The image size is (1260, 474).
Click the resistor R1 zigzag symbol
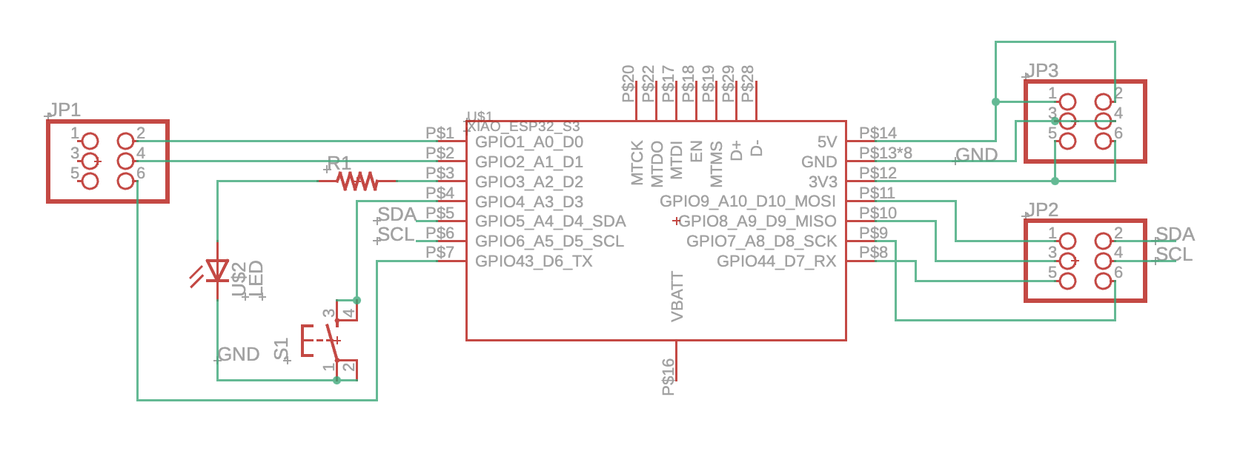pos(357,181)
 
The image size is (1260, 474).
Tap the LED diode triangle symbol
pos(217,270)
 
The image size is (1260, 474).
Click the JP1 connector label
pos(64,110)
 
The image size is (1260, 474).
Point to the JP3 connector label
pos(1042,71)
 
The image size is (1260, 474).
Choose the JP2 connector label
pos(1042,210)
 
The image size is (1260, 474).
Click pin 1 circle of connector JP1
pos(90,141)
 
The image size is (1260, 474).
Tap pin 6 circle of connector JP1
pos(126,181)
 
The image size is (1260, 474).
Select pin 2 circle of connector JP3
pos(1103,101)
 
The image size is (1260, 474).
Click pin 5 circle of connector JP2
pos(1067,281)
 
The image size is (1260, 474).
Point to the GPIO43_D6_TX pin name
pos(534,261)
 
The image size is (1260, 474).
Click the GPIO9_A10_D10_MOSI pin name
pos(748,201)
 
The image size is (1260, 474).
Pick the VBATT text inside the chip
pos(677,297)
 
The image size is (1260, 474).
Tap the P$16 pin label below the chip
pos(668,377)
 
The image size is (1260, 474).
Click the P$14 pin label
pos(878,133)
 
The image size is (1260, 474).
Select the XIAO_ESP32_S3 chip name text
pos(523,127)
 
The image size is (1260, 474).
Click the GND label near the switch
pos(239,355)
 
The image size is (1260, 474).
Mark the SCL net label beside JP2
pos(1175,255)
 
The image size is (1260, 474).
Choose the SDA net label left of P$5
pos(397,215)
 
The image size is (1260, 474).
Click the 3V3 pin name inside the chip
pos(823,182)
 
